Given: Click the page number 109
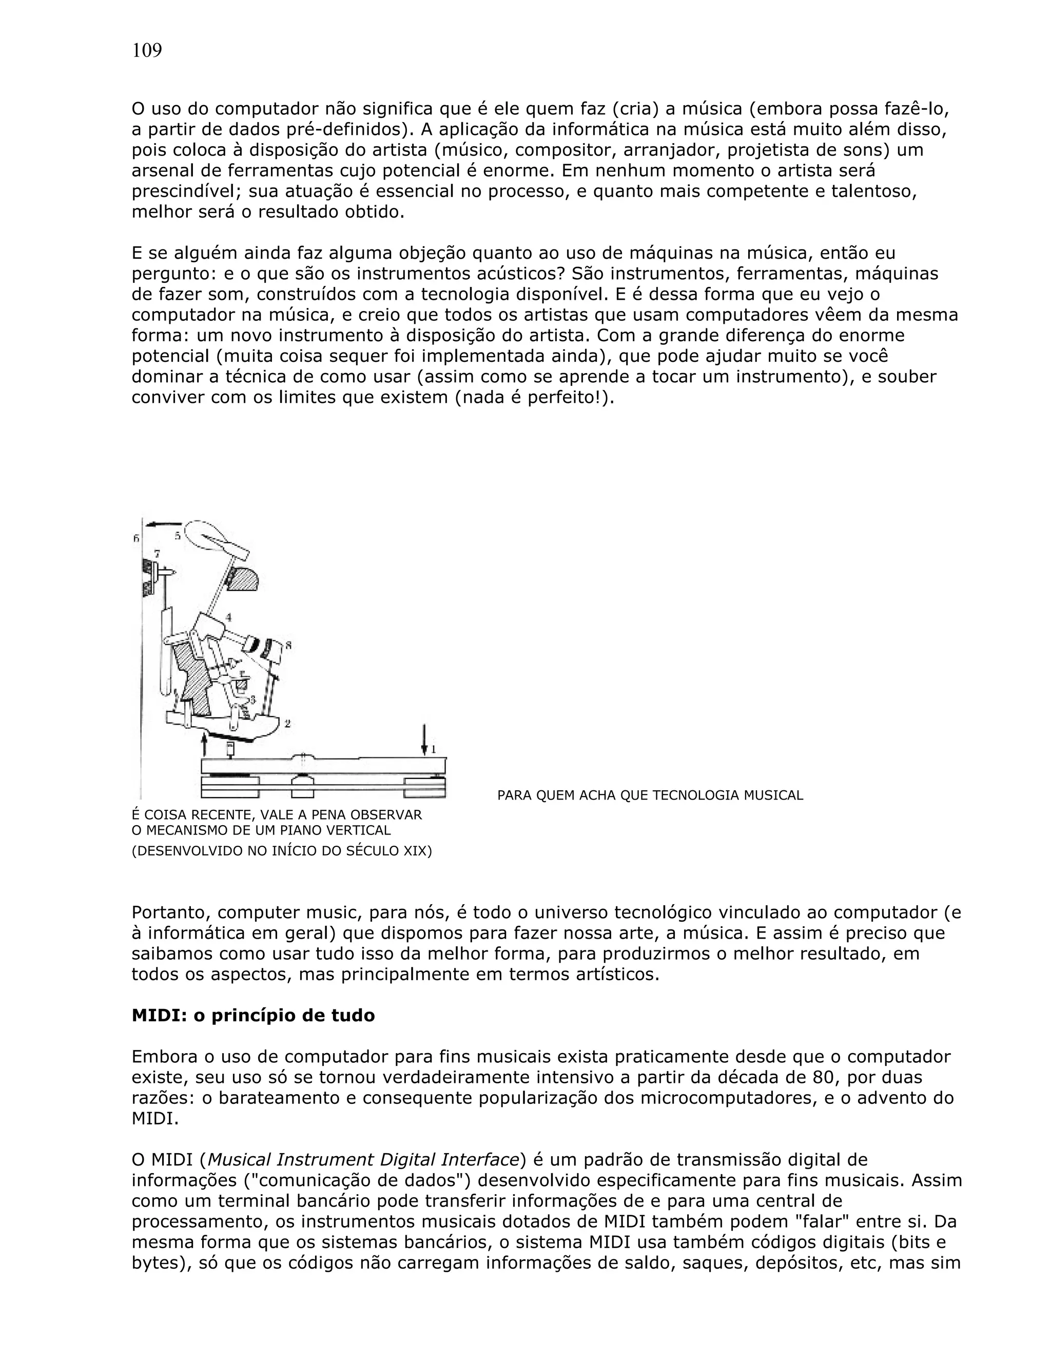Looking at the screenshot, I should (147, 50).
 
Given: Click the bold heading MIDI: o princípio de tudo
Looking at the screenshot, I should (253, 1016).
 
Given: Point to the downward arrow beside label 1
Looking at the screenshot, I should (424, 740).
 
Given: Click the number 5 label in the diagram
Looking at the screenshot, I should (178, 535).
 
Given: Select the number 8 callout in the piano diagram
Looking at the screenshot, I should (288, 646).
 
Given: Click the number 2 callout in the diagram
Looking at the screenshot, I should (287, 724).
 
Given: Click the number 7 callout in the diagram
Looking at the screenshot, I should (157, 553).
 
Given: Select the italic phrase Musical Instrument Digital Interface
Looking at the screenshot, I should (363, 1159).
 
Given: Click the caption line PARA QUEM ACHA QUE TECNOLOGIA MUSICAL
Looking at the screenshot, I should (650, 795).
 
